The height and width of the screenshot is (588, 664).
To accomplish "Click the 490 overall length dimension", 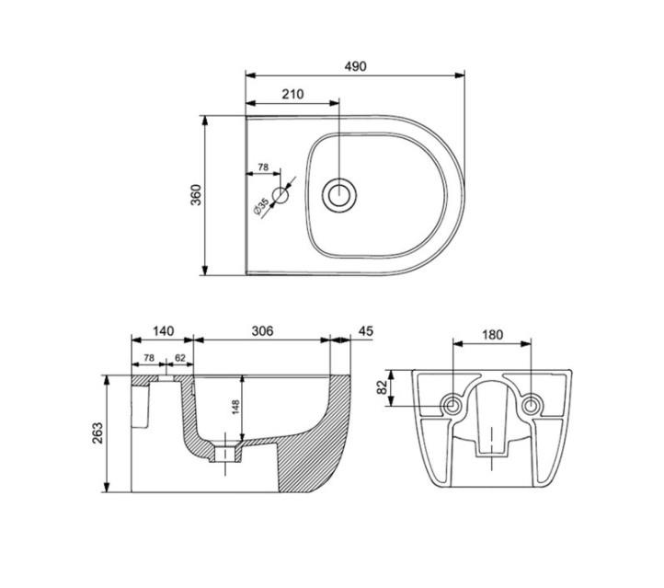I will [x=355, y=66].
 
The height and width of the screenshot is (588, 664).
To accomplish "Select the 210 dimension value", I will [x=292, y=94].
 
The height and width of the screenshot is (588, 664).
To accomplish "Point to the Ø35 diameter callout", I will [x=262, y=205].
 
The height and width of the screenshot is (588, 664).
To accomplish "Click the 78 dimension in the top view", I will [x=262, y=167].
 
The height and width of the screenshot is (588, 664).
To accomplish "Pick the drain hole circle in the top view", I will [x=340, y=194].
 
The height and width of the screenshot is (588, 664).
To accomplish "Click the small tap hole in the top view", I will [x=280, y=194].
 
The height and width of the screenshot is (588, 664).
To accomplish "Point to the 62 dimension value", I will [x=180, y=358].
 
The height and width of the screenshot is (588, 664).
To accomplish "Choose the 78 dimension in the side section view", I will [x=148, y=358].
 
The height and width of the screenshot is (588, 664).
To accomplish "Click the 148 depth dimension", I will [x=235, y=405].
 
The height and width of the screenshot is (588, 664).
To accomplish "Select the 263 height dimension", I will [x=98, y=432].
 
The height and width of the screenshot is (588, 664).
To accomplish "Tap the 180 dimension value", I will [x=492, y=335].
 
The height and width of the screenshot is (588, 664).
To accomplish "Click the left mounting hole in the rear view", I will [x=452, y=405].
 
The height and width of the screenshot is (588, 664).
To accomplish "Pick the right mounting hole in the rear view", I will [x=531, y=405].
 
